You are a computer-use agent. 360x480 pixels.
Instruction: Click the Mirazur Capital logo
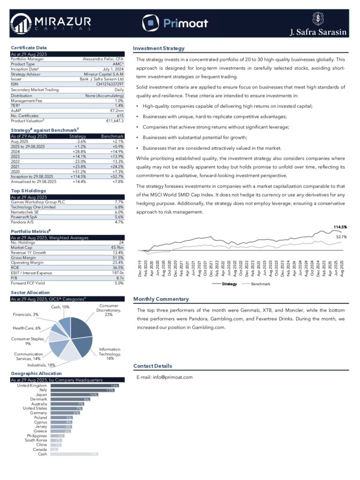coord(50,23)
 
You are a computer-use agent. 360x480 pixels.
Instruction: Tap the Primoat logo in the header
coord(175,22)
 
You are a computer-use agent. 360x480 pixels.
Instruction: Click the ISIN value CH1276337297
coord(110,84)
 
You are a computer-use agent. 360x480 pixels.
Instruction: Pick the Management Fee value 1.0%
coord(119,101)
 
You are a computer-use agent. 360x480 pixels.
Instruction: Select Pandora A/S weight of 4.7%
coord(119,222)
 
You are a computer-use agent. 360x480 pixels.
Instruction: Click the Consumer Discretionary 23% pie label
coord(109,310)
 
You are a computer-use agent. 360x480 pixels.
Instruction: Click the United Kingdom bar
coord(84,385)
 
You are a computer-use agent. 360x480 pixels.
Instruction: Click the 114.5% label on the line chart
coord(340,227)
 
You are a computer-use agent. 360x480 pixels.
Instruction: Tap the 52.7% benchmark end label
coord(341,237)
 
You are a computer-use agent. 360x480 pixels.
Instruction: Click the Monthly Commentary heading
coord(161,299)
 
